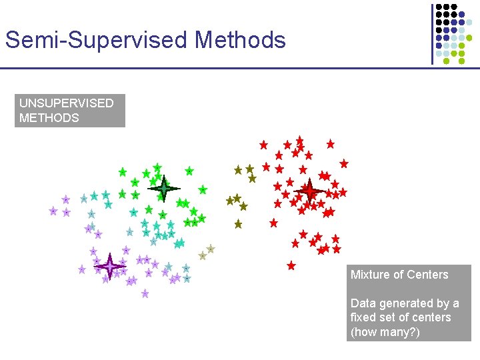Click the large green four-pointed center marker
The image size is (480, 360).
point(163,189)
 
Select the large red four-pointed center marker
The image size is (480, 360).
point(309,191)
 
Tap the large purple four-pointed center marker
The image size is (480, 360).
point(109,267)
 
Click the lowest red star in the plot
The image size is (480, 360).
point(291,265)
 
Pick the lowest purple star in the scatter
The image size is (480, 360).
point(145,293)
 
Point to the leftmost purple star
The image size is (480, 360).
point(53,211)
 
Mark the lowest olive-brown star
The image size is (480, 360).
point(238,224)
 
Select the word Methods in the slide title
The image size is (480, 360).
point(240,40)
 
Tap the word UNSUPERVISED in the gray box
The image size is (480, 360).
point(66,103)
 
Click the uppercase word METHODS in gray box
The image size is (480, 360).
point(49,118)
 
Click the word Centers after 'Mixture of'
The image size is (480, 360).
point(427,275)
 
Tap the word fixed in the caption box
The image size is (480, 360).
point(364,317)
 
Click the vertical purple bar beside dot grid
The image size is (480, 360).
point(432,33)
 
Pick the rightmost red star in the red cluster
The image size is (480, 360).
point(344,163)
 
